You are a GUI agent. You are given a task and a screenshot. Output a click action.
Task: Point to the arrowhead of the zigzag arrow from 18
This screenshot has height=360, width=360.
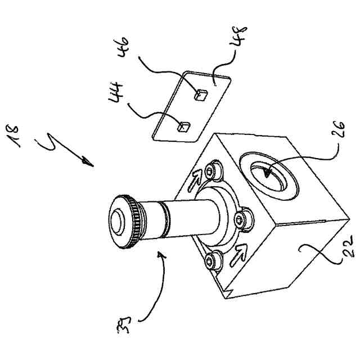pyautogui.click(x=87, y=164)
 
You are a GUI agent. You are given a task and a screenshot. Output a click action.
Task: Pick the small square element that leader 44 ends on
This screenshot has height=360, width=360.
pyautogui.click(x=182, y=127)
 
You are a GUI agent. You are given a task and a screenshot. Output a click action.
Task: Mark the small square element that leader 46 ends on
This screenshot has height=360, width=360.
pyautogui.click(x=199, y=96)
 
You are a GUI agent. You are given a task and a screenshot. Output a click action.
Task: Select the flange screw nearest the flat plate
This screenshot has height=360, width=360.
pyautogui.click(x=212, y=169)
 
